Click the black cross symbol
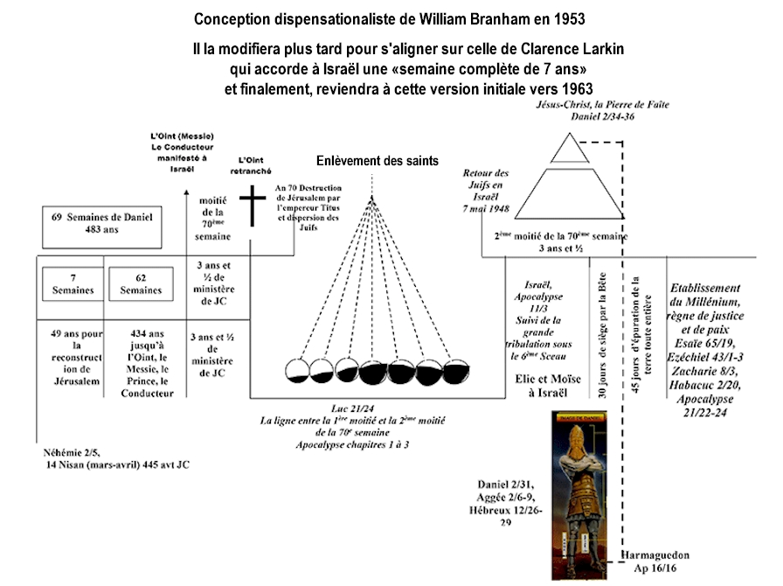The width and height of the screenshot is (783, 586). pyautogui.click(x=252, y=206)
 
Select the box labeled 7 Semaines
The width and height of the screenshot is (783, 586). pyautogui.click(x=69, y=284)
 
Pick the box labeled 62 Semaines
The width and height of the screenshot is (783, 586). pyautogui.click(x=140, y=284)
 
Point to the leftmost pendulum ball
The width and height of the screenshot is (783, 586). pyautogui.click(x=297, y=371)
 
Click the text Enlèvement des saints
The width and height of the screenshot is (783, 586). pyautogui.click(x=378, y=161)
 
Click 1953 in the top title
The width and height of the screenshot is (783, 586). pyautogui.click(x=569, y=18)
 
